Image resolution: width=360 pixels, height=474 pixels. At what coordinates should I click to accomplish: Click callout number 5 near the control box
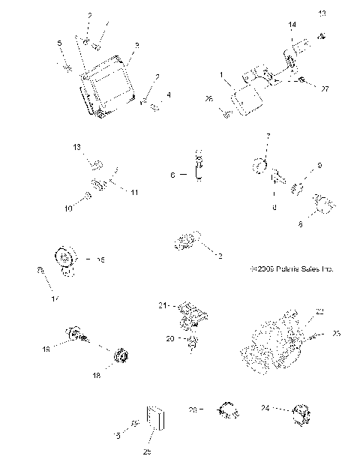(x=61, y=44)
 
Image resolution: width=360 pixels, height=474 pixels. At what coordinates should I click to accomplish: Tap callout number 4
(x=169, y=94)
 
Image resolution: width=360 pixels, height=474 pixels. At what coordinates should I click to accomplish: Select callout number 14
(x=292, y=25)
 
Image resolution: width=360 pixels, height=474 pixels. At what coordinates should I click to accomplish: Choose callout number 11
(x=134, y=193)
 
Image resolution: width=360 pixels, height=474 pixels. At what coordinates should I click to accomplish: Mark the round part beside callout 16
(x=65, y=260)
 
